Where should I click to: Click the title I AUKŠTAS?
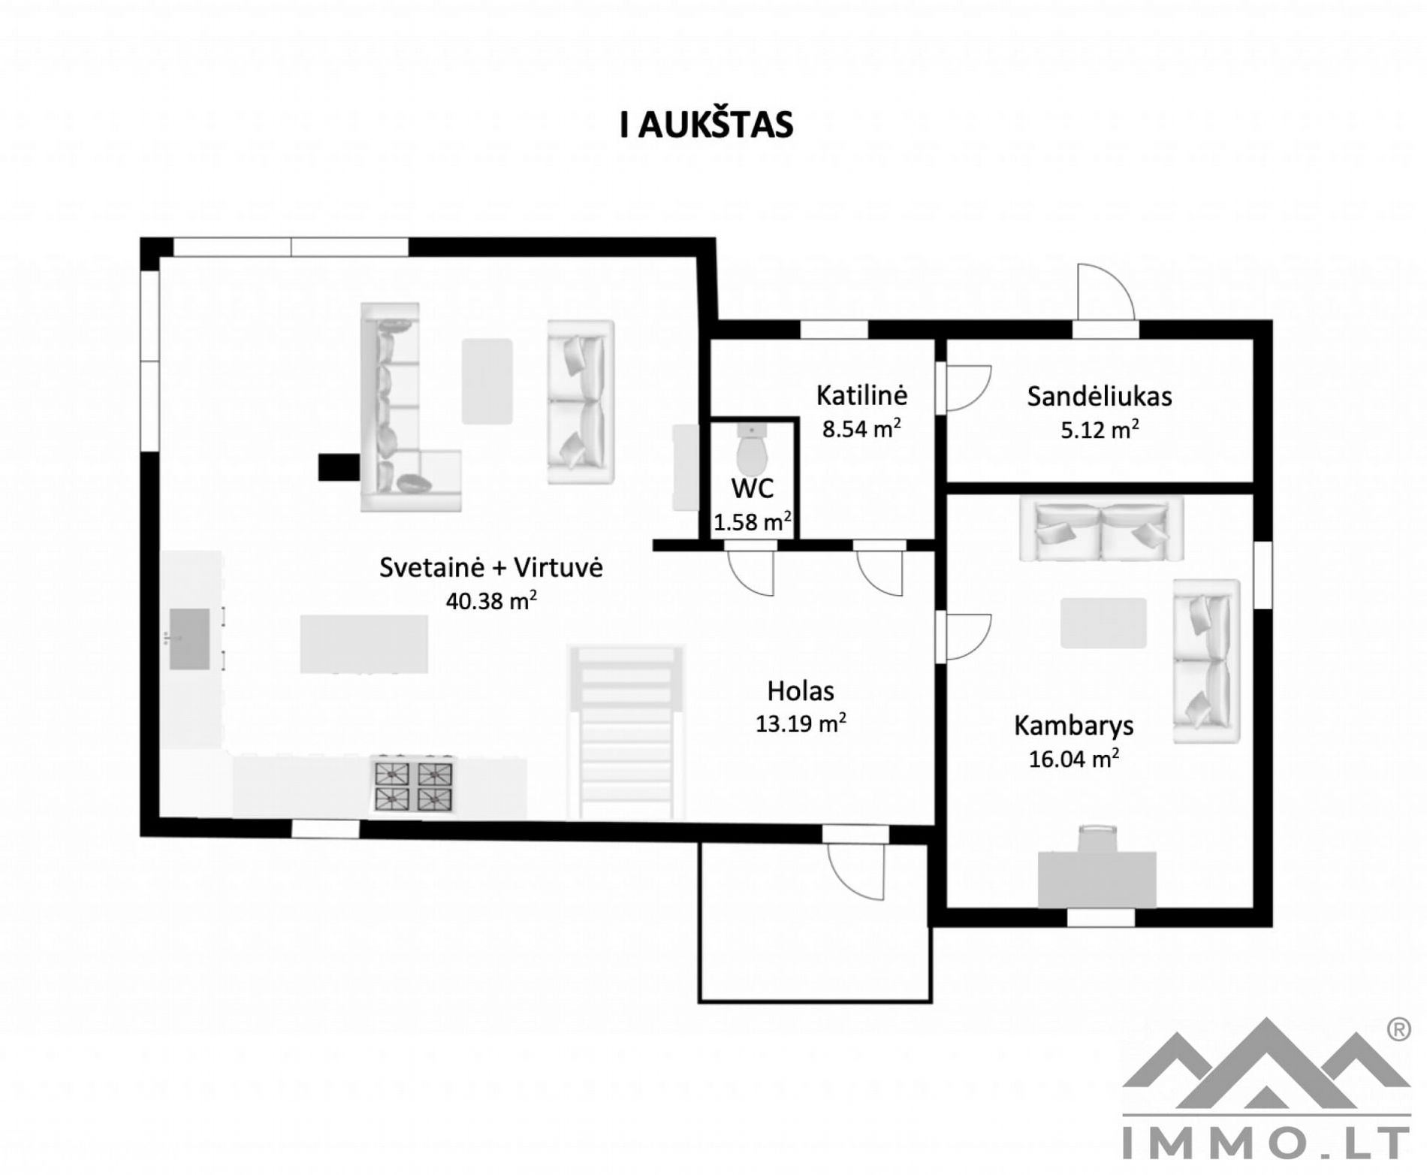[706, 125]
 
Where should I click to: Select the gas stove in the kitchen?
[414, 786]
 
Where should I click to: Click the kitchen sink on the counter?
[189, 639]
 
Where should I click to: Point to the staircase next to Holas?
[626, 732]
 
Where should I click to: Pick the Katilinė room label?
[861, 394]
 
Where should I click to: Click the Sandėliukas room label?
[1100, 396]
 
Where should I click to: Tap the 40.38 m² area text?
[491, 600]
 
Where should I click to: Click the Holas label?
[801, 690]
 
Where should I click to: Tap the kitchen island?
[364, 644]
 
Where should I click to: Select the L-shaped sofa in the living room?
[409, 407]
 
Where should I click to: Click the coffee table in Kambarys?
[1103, 623]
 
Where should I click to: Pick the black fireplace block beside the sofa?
[339, 467]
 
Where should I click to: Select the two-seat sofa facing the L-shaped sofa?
[581, 402]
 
